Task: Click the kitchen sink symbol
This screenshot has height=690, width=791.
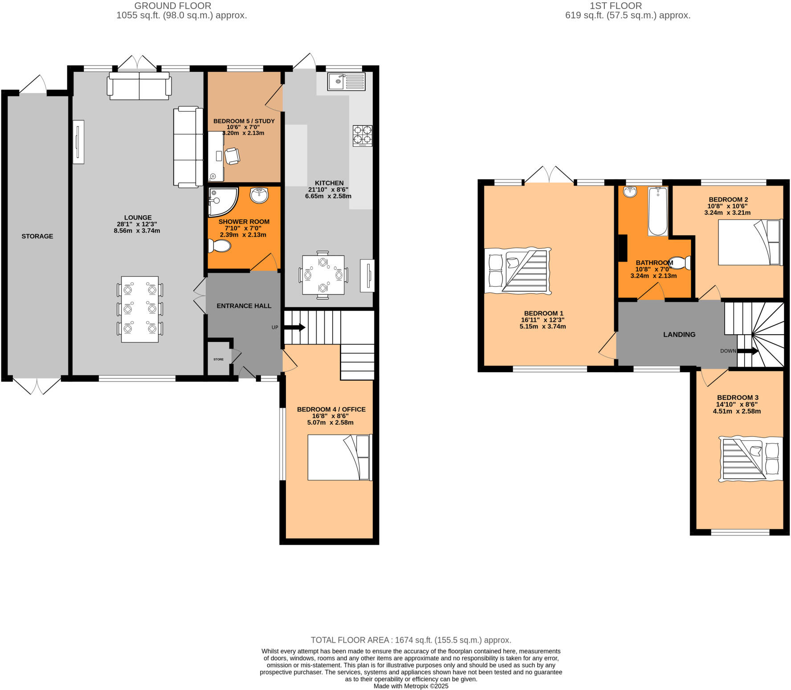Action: click(x=346, y=82)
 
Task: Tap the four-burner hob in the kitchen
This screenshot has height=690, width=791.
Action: click(x=363, y=136)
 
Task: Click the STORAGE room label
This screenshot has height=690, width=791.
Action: click(x=37, y=236)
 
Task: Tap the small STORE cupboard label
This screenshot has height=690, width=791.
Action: click(x=218, y=359)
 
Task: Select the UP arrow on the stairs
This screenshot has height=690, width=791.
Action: click(x=295, y=328)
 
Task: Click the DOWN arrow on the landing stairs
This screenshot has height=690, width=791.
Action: click(x=747, y=351)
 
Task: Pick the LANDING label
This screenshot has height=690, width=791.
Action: click(x=679, y=334)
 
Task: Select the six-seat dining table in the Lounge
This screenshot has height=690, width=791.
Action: click(x=140, y=309)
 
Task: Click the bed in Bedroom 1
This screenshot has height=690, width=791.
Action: click(x=518, y=271)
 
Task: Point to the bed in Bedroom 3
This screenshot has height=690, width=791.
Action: click(x=750, y=459)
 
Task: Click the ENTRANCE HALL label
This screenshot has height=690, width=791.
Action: click(x=244, y=306)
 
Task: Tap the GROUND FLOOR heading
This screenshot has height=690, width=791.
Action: click(x=172, y=6)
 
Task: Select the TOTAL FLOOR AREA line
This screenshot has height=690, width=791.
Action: click(x=411, y=640)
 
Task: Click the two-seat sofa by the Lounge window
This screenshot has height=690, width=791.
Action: click(x=139, y=86)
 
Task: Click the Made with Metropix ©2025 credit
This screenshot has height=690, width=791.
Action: click(x=411, y=686)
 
